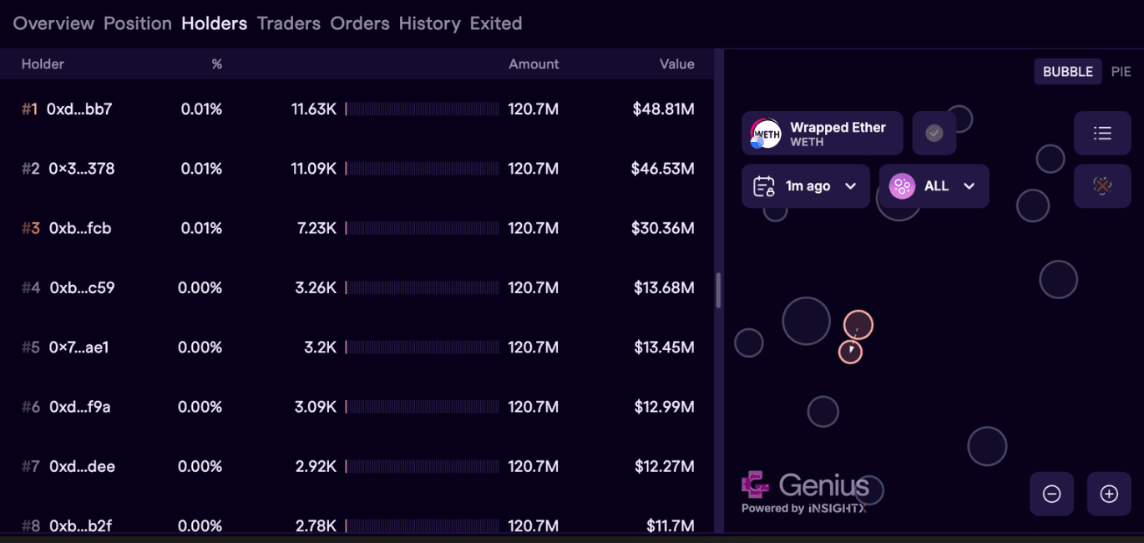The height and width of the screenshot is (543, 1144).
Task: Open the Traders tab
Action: pyautogui.click(x=288, y=23)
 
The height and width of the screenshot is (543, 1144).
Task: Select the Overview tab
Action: pyautogui.click(x=53, y=23)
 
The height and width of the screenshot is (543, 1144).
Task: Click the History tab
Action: pyautogui.click(x=429, y=23)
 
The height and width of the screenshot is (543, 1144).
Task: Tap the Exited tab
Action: pyautogui.click(x=496, y=23)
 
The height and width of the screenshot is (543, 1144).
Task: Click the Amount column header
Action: pyautogui.click(x=534, y=64)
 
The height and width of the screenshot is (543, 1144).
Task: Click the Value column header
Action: pyautogui.click(x=676, y=64)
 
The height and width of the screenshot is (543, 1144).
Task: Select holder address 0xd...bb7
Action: pyautogui.click(x=79, y=109)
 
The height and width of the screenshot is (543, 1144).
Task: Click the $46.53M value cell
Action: pyautogui.click(x=662, y=169)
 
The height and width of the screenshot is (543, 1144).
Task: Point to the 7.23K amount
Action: pyautogui.click(x=316, y=228)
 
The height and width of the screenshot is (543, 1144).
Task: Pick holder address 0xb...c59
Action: pyautogui.click(x=82, y=288)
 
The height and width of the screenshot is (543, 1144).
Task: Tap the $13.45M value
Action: pyautogui.click(x=664, y=348)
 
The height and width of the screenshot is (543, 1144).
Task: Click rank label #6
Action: pyautogui.click(x=31, y=408)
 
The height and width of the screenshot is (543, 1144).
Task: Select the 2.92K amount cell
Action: pyautogui.click(x=316, y=467)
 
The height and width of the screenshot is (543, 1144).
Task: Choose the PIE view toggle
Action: pyautogui.click(x=1121, y=72)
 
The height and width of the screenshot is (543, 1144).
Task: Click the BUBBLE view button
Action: pyautogui.click(x=1068, y=72)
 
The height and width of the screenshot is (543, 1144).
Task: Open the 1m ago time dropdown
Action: pyautogui.click(x=805, y=186)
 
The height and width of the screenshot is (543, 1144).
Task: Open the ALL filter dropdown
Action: pyautogui.click(x=934, y=186)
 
